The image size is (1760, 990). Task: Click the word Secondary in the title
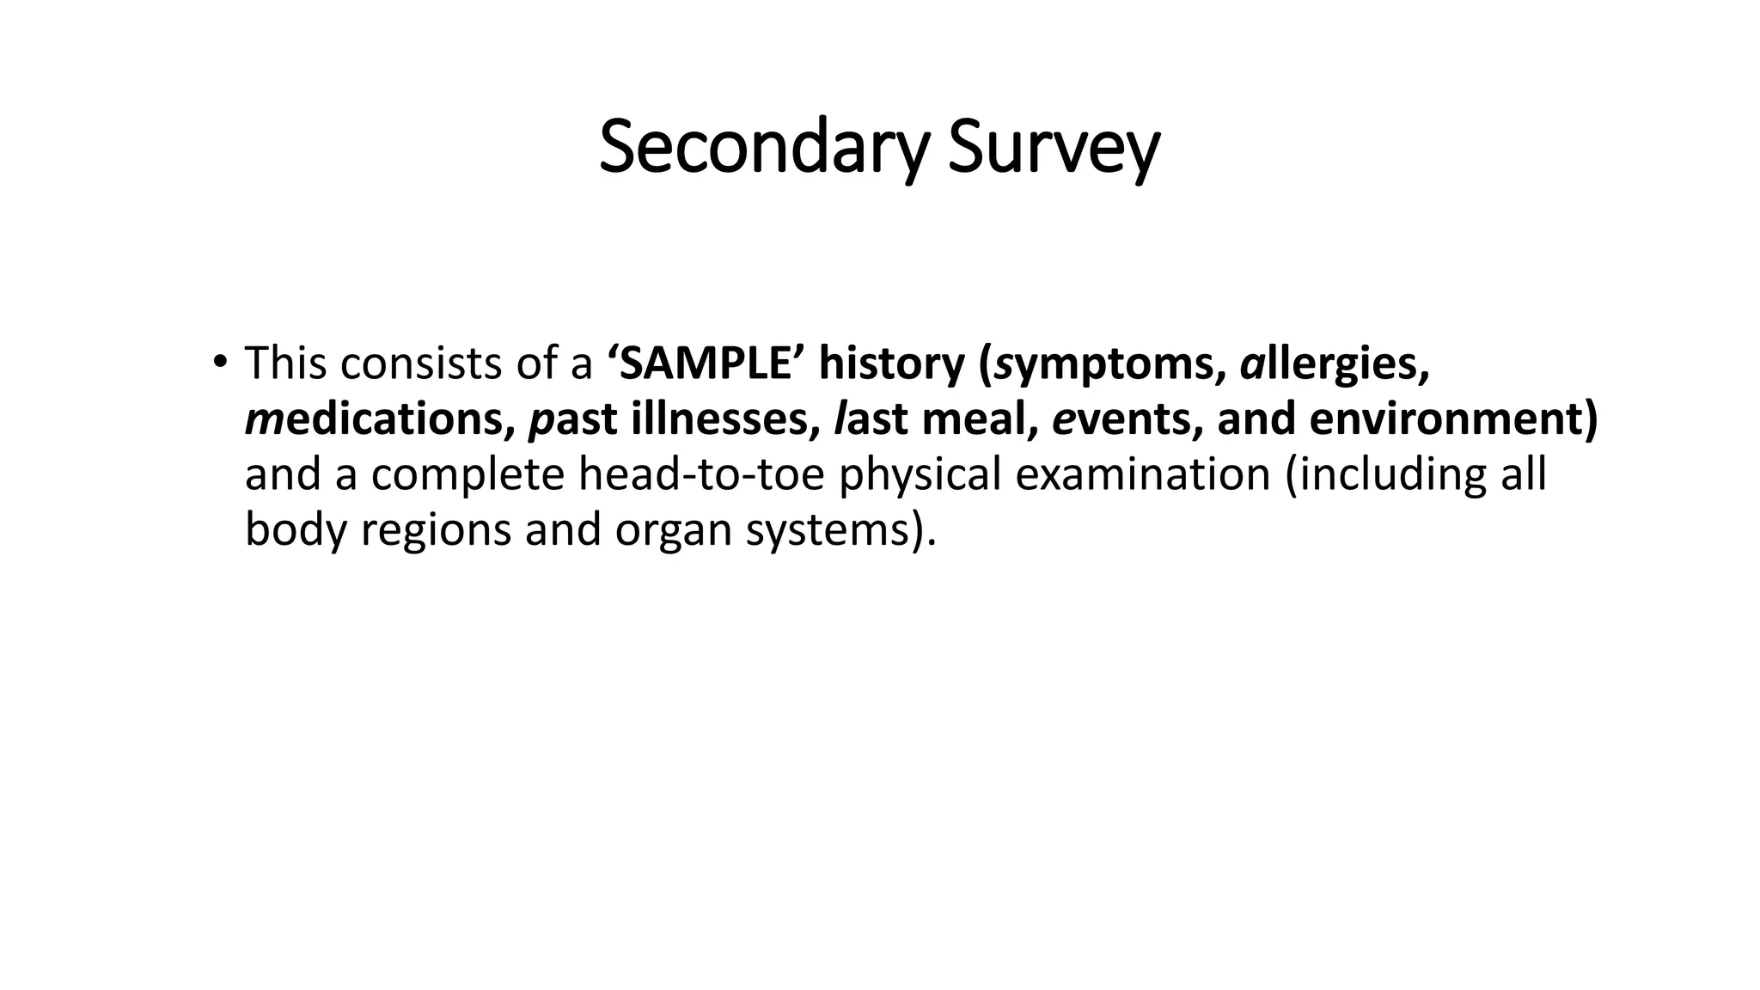coord(763,149)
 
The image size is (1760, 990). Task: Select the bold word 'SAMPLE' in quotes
coord(705,364)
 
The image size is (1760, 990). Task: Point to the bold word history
coord(892,364)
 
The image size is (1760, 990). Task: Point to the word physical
coord(919,475)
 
